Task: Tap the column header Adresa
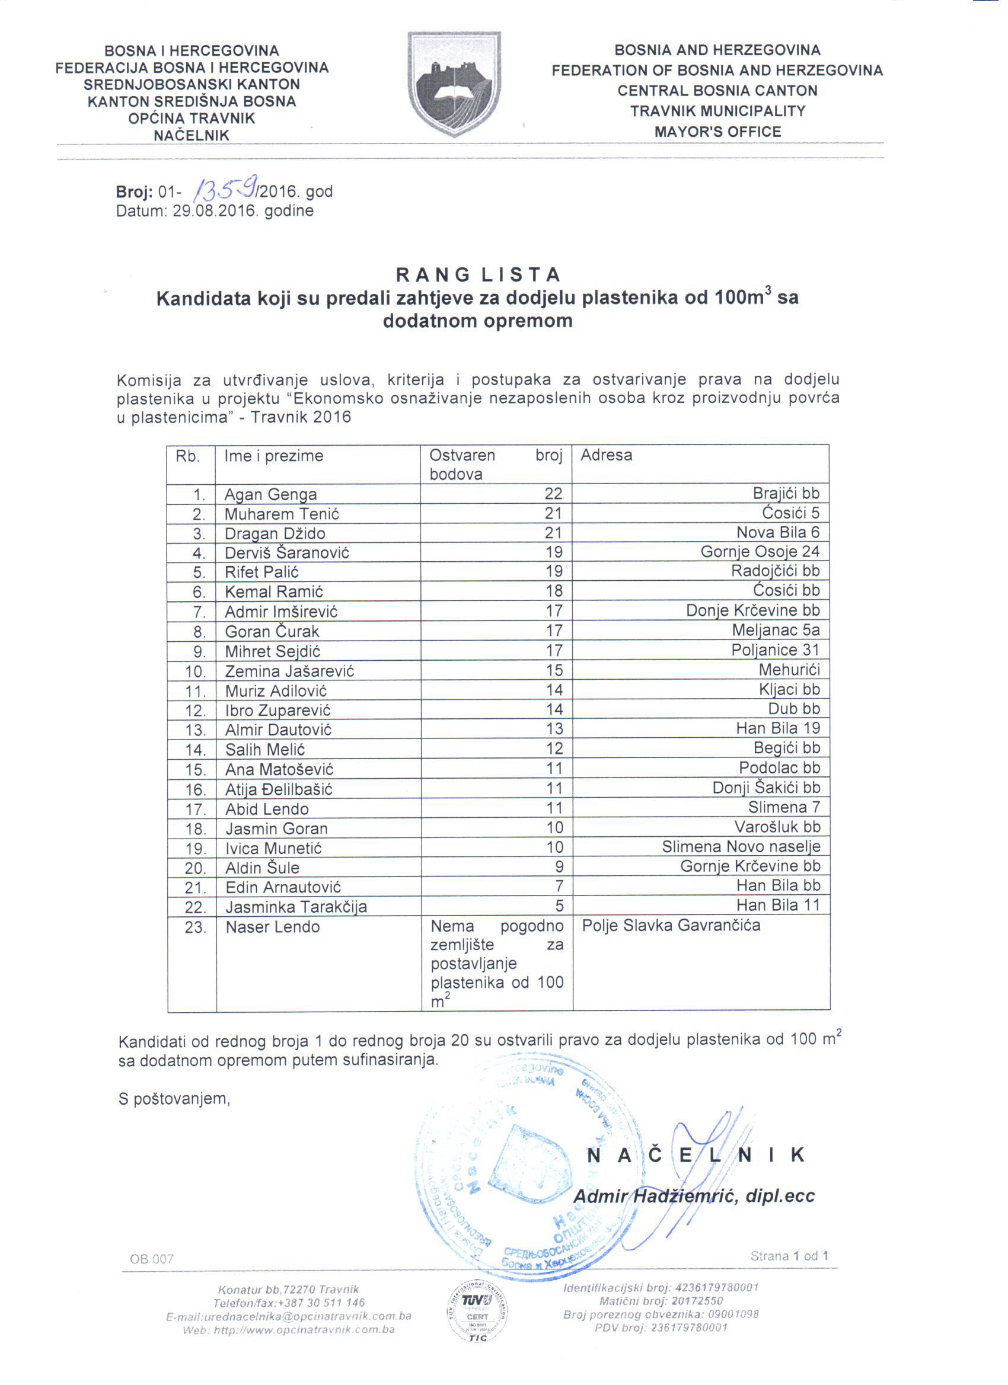point(606,455)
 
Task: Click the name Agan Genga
point(270,494)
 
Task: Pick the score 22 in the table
point(553,494)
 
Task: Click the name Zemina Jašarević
point(289,671)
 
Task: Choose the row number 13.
point(196,730)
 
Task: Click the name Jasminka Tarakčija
point(296,907)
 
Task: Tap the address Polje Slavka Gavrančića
point(671,926)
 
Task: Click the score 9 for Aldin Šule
point(559,866)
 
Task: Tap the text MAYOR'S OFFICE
point(717,132)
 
